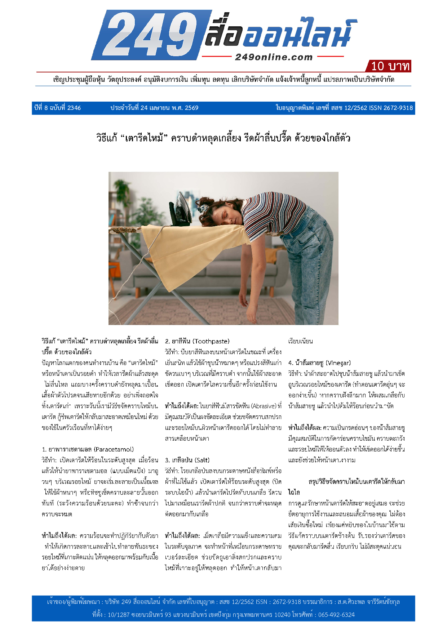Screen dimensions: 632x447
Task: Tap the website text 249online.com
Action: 274,57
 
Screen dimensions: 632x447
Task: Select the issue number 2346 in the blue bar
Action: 74,108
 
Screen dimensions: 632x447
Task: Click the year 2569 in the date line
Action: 191,108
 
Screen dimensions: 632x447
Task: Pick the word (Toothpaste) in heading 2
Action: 211,341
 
